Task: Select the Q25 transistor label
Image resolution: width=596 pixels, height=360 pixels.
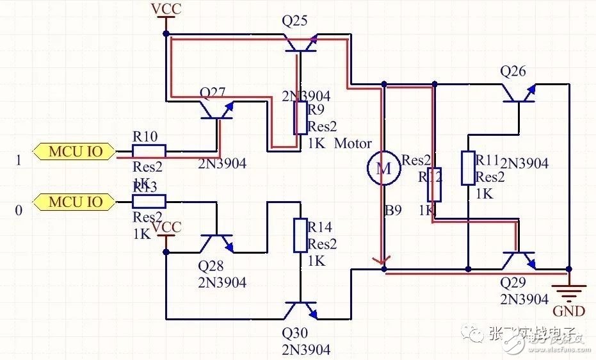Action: pyautogui.click(x=295, y=21)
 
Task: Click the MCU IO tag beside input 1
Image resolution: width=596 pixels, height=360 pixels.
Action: pyautogui.click(x=76, y=152)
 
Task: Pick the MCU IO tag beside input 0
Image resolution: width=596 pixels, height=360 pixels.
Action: pyautogui.click(x=76, y=202)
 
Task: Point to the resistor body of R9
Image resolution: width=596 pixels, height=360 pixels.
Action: pyautogui.click(x=300, y=118)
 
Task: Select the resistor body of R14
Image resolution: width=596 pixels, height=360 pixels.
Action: pyautogui.click(x=300, y=235)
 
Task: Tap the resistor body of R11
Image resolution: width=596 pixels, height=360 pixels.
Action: pyautogui.click(x=468, y=168)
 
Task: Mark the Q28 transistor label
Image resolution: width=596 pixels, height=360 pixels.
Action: pyautogui.click(x=212, y=265)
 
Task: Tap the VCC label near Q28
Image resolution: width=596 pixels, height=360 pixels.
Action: pyautogui.click(x=167, y=227)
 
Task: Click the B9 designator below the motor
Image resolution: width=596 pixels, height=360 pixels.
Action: pyautogui.click(x=393, y=209)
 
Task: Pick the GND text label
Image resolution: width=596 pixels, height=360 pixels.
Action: pyautogui.click(x=568, y=312)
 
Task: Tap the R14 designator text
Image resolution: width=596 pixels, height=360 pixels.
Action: pyautogui.click(x=320, y=227)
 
